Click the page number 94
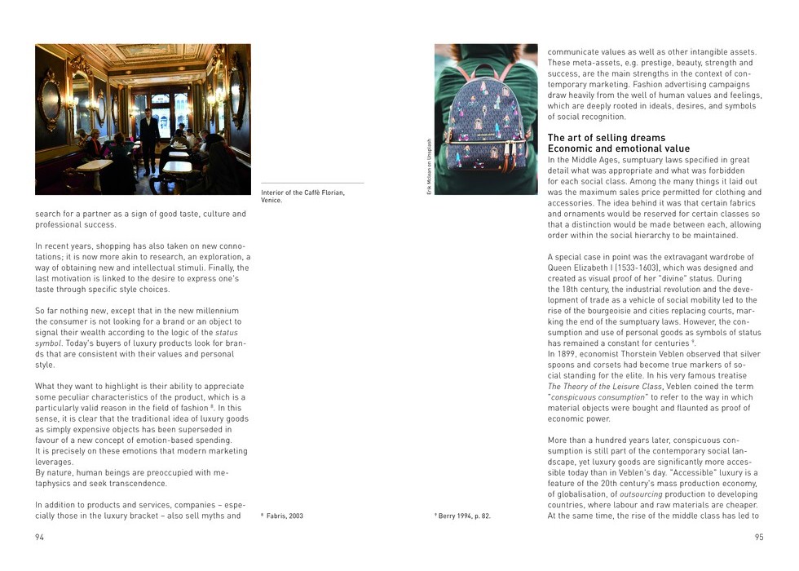coord(40,537)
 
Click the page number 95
coord(759,537)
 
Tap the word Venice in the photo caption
coord(272,200)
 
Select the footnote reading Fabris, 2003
coord(285,516)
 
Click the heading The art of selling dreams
coord(606,138)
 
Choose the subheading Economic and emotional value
coord(618,149)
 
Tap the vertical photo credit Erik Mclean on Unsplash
coord(429,167)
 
